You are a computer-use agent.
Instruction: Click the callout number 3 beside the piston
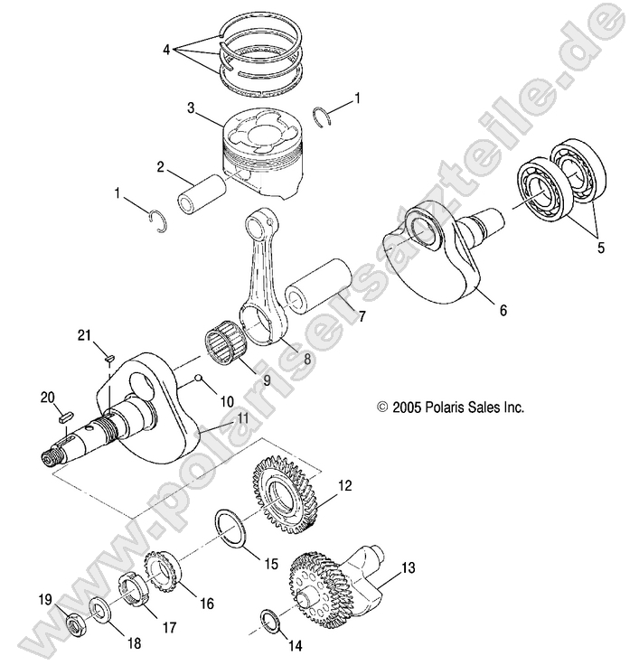click(191, 108)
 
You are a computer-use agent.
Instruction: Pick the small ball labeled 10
click(199, 380)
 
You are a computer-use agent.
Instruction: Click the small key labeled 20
click(64, 417)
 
